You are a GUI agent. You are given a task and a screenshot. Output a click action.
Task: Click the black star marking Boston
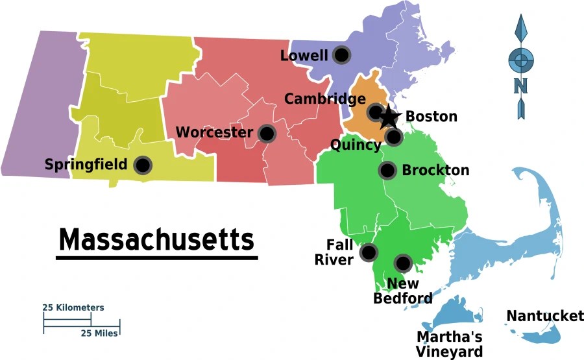click(x=388, y=117)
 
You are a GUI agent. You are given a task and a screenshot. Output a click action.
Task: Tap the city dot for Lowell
click(x=341, y=55)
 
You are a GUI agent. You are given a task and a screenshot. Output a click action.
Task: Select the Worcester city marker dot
click(x=266, y=134)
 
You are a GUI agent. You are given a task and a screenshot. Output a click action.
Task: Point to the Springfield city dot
click(x=143, y=165)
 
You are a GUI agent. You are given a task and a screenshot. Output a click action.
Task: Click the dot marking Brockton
click(x=387, y=171)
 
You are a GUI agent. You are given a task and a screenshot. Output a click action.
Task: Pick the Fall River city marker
click(x=369, y=252)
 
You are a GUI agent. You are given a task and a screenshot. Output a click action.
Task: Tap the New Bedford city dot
click(x=403, y=263)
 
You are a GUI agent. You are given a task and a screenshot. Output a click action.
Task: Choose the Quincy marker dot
click(x=393, y=136)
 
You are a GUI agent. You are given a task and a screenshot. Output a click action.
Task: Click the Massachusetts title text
click(x=156, y=239)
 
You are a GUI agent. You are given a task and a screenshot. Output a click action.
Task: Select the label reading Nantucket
click(x=545, y=316)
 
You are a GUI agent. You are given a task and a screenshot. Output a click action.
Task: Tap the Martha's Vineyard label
click(x=450, y=344)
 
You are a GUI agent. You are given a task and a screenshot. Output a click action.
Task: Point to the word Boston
click(x=432, y=117)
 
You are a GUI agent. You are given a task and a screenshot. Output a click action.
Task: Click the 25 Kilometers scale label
click(x=73, y=307)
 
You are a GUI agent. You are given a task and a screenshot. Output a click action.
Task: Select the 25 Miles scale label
click(x=99, y=333)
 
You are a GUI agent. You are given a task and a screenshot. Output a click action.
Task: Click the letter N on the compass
click(x=520, y=86)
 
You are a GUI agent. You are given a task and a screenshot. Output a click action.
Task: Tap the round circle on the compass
click(x=519, y=60)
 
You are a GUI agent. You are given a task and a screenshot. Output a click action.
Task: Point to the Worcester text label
click(x=214, y=133)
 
